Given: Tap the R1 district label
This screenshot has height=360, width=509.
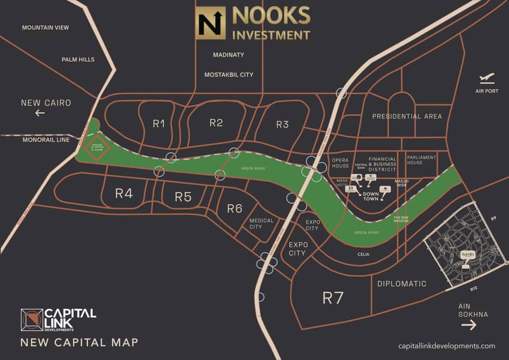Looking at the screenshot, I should (x=158, y=124).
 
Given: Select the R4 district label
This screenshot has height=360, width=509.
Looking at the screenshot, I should (x=124, y=193).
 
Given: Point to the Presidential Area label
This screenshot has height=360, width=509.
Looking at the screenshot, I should (x=406, y=116).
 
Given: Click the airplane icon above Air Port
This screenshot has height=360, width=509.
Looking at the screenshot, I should (x=487, y=79).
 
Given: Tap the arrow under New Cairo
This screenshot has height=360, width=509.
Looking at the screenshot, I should (x=40, y=113).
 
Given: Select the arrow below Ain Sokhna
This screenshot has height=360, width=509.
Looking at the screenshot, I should (x=469, y=325).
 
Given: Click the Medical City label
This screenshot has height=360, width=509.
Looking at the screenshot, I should (x=261, y=223).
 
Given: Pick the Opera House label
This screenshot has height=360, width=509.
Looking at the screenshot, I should (x=340, y=163).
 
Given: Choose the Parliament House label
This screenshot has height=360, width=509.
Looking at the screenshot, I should (x=422, y=160).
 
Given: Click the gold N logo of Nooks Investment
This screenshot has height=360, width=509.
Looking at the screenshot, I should (x=212, y=23).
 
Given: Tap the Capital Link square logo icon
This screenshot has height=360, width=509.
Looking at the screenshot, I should (x=31, y=320).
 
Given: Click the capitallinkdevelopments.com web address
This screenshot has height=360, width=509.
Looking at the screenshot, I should (x=447, y=346).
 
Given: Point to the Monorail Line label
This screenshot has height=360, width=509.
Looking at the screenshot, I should (x=46, y=139).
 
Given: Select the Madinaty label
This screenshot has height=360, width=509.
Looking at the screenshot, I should (x=228, y=55).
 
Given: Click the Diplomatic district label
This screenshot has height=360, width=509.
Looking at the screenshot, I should (x=402, y=283).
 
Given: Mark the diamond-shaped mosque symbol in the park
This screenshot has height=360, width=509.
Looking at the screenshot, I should (x=97, y=146).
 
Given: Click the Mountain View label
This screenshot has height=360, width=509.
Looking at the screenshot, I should (x=45, y=28).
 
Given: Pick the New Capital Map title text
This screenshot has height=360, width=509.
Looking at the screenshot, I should (x=79, y=343).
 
